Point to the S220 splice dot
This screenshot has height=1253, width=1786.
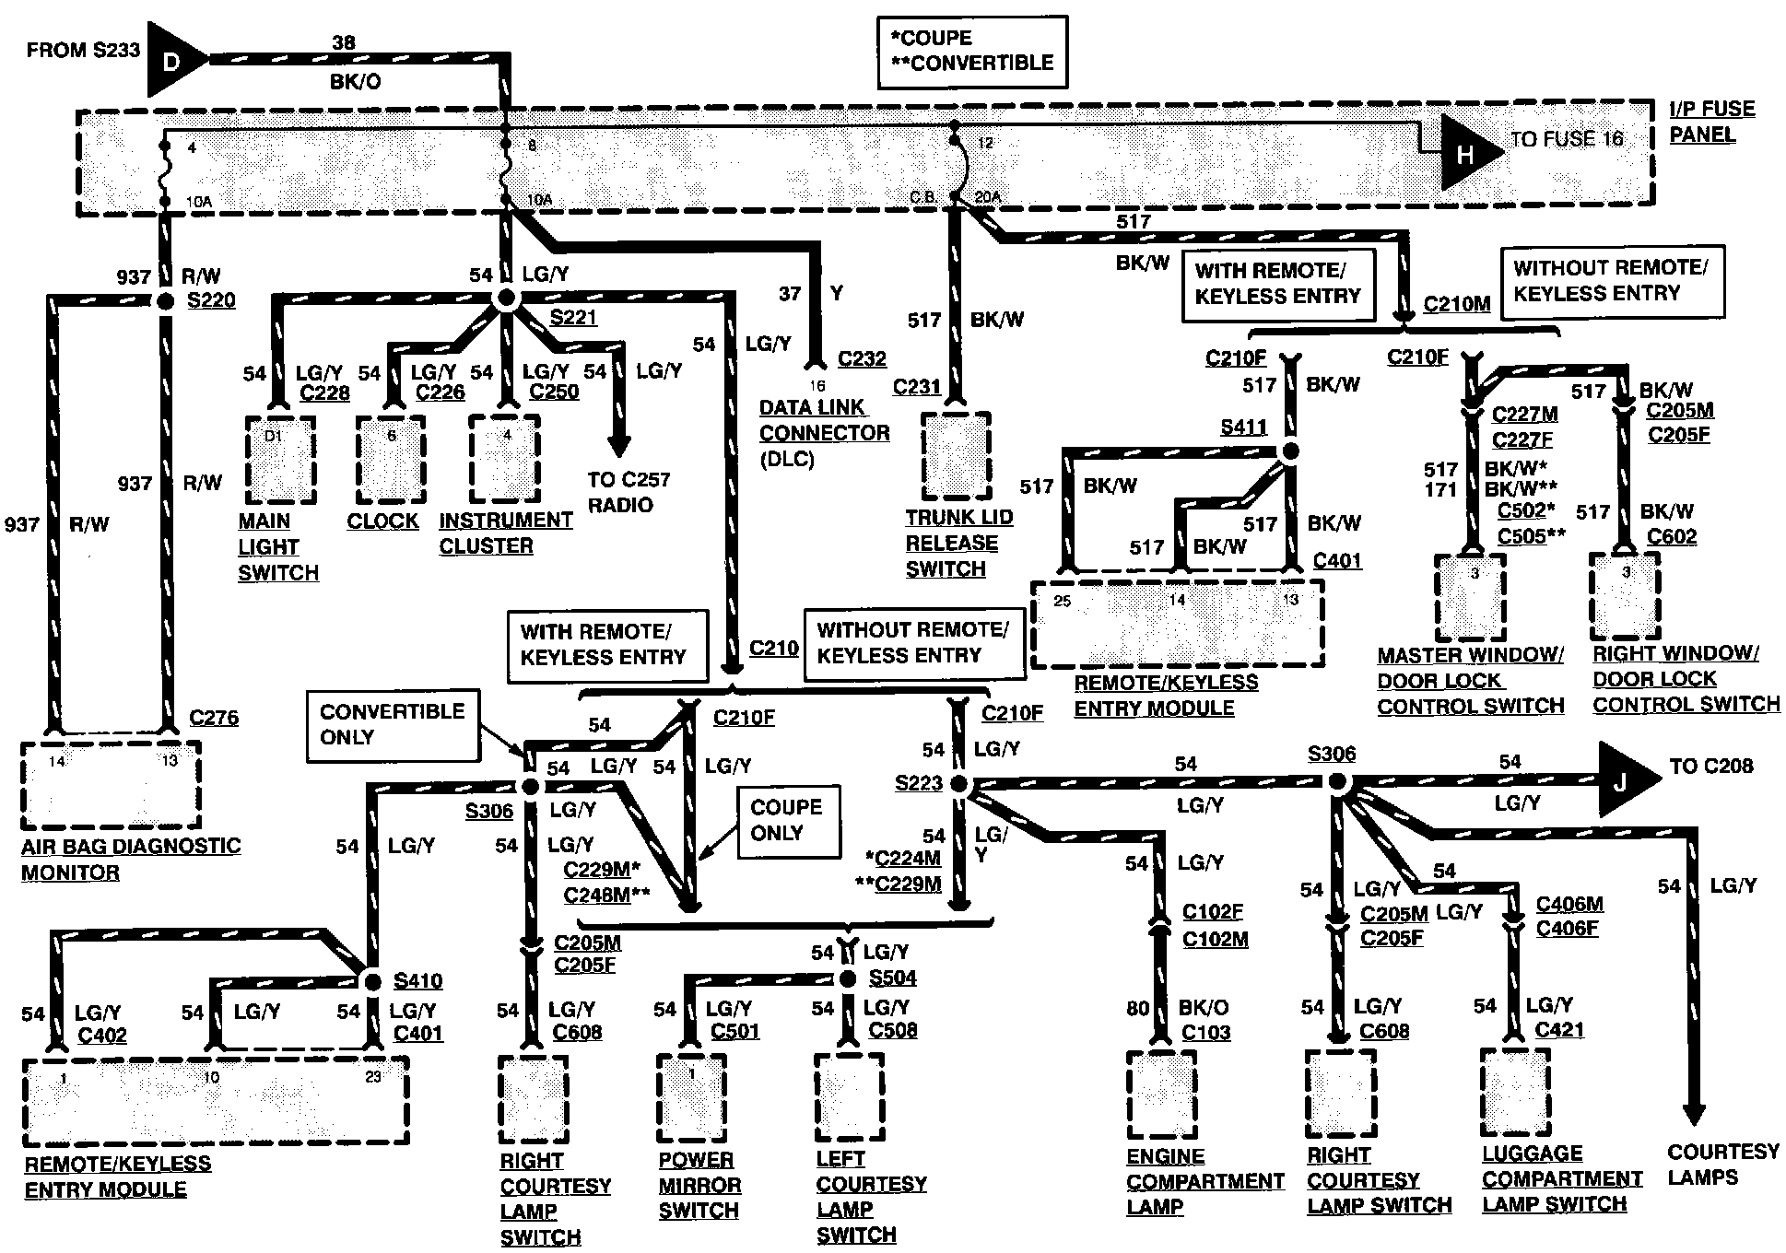166,301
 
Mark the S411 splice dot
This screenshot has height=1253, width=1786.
1290,451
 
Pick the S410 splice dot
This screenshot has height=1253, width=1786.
372,980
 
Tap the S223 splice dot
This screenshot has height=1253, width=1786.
958,784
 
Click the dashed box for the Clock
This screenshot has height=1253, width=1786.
392,460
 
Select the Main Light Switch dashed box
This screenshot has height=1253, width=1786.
280,460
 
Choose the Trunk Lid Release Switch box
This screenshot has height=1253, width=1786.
956,456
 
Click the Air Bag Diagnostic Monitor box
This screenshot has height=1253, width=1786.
112,784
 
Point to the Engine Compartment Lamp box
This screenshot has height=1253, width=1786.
1161,1095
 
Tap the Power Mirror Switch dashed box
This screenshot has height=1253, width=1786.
691,1097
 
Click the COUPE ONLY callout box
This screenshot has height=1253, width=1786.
788,821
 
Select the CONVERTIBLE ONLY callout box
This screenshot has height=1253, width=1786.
393,725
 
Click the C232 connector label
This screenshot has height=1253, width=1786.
862,358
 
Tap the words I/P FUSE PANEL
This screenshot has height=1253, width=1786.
1712,122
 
